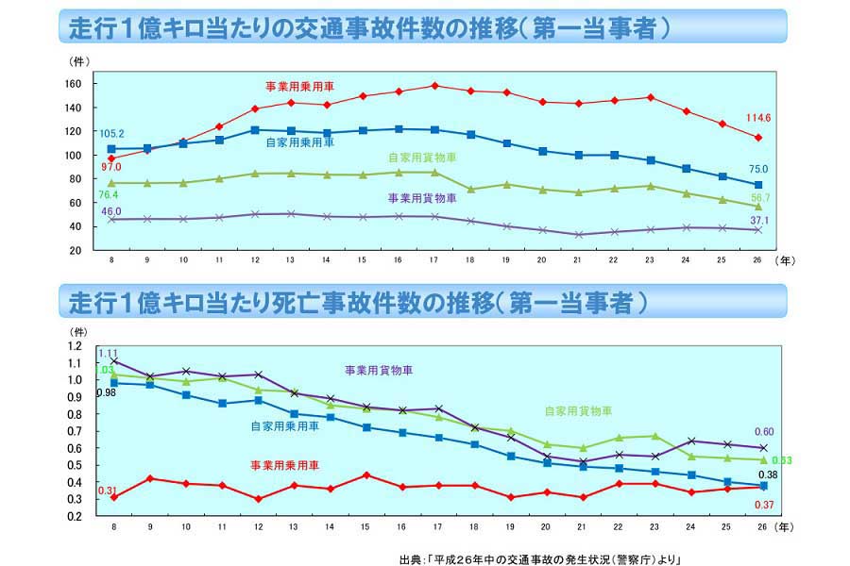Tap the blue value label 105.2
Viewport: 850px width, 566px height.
pyautogui.click(x=111, y=133)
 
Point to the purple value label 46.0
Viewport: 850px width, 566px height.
pyautogui.click(x=112, y=210)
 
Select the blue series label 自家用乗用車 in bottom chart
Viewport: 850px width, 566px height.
pyautogui.click(x=284, y=425)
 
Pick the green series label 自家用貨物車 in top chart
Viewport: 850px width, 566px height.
pyautogui.click(x=422, y=158)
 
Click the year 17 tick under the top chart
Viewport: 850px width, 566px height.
pyautogui.click(x=433, y=259)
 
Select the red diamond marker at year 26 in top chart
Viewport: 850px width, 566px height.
pyautogui.click(x=757, y=138)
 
